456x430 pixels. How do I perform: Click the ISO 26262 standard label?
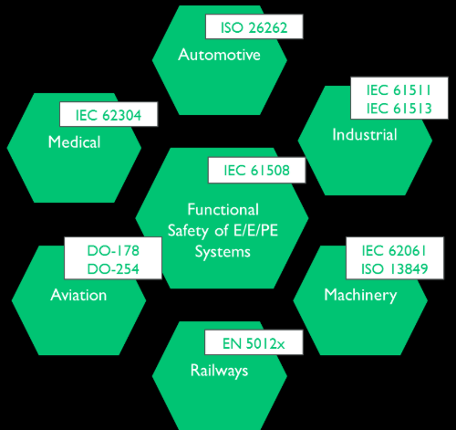point(254,26)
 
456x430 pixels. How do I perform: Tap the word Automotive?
point(219,55)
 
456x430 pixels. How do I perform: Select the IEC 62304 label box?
point(109,114)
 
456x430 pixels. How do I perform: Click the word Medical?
point(74,142)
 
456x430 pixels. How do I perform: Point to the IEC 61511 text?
point(399,90)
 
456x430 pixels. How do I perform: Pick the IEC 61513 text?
point(399,109)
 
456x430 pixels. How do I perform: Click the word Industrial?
point(365,134)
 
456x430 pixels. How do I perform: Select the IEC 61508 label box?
point(256,170)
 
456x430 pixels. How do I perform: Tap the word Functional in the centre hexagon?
point(223,209)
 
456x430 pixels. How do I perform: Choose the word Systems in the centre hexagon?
point(223,252)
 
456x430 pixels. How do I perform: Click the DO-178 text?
point(113,250)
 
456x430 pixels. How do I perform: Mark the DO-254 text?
point(113,268)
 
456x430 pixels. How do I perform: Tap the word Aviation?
point(78,295)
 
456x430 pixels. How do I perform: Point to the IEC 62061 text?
point(394,250)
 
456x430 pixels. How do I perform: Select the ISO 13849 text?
point(394,268)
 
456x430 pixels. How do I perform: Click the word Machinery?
point(360,295)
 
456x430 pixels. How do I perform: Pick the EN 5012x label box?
point(254,342)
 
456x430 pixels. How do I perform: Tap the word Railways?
point(219,371)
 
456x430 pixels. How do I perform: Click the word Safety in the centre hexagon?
point(187,231)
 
